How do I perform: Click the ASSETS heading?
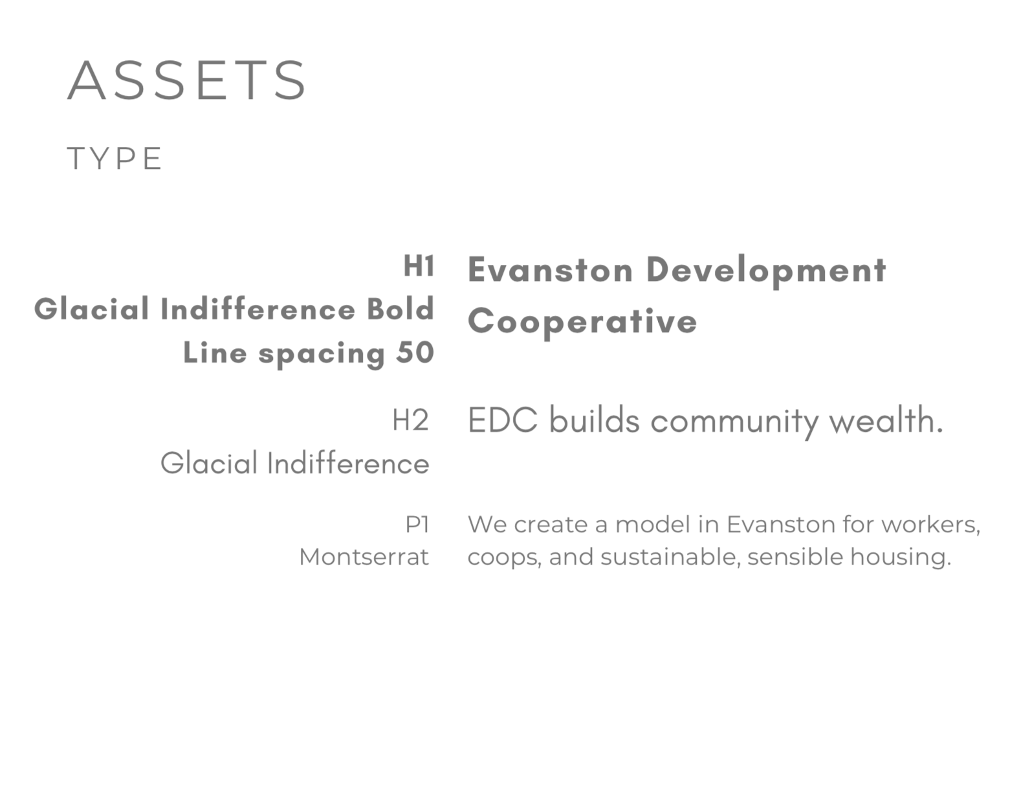point(187,80)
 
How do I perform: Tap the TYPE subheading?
point(115,159)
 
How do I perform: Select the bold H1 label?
point(419,265)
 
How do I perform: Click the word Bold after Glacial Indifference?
point(400,309)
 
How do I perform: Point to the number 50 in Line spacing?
point(415,353)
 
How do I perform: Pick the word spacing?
point(322,354)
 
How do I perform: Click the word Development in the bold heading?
point(766,272)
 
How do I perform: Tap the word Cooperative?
point(582,322)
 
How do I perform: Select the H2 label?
point(410,420)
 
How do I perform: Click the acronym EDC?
point(503,420)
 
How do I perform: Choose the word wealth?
point(886,420)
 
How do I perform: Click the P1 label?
point(417,524)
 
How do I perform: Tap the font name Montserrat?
point(364,557)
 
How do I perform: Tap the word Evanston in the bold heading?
point(551,270)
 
